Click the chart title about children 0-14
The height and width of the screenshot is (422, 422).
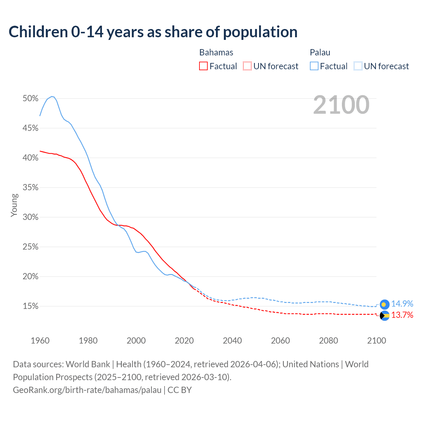tap(153, 32)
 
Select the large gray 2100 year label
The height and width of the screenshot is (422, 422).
tap(341, 105)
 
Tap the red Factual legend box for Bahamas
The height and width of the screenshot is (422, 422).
tap(203, 66)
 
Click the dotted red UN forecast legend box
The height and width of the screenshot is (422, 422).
tap(247, 66)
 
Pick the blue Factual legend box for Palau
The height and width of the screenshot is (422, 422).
tap(314, 66)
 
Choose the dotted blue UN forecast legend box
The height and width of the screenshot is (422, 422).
tap(358, 66)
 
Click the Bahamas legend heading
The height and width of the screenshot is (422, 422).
tap(216, 52)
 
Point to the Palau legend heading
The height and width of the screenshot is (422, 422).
tap(320, 52)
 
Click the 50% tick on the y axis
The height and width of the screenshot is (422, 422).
tap(30, 99)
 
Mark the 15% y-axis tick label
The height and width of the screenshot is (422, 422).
tap(30, 306)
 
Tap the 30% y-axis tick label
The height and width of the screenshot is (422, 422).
tap(30, 217)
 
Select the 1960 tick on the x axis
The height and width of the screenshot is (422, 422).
tap(40, 341)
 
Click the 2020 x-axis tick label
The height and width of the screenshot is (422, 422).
tap(184, 341)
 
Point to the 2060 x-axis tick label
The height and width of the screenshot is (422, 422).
tap(280, 341)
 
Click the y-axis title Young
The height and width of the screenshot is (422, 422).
tap(14, 205)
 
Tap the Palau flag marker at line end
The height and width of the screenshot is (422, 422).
tap(384, 304)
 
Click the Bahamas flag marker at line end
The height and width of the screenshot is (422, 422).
tap(384, 316)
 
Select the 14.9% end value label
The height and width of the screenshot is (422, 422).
tap(402, 304)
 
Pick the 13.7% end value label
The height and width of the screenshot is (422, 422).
tap(402, 315)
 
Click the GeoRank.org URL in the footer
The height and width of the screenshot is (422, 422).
tap(87, 390)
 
